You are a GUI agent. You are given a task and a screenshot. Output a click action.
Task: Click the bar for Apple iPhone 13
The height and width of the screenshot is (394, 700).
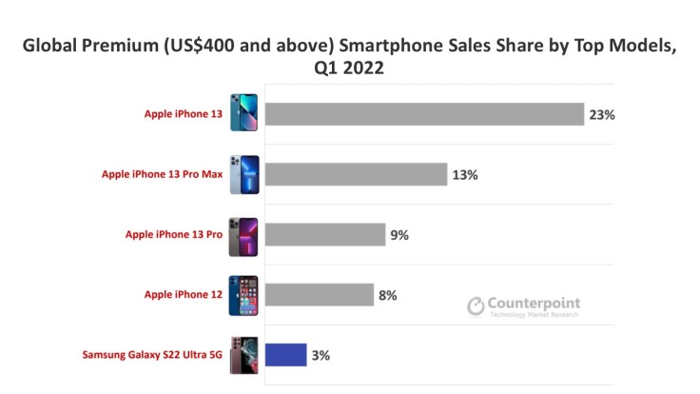point(424,114)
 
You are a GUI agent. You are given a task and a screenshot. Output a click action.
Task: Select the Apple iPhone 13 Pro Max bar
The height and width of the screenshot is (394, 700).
point(356,174)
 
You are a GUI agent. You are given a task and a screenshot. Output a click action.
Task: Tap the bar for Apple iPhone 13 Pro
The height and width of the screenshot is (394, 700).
point(325,234)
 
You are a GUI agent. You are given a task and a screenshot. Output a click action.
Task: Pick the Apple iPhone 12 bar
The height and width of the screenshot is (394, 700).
point(319,295)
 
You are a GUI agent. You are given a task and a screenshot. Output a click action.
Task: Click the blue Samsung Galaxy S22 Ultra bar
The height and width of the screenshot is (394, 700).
point(285,355)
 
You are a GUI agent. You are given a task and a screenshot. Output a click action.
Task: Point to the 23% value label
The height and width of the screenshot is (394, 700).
point(602,114)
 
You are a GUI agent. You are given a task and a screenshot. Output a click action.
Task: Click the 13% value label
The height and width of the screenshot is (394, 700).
point(465,175)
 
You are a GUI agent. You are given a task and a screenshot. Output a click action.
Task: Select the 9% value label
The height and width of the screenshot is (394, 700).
point(399,235)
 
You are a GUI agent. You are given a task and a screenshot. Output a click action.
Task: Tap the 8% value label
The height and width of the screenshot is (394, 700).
point(387,295)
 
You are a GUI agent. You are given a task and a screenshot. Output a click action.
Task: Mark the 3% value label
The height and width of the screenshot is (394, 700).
point(321,356)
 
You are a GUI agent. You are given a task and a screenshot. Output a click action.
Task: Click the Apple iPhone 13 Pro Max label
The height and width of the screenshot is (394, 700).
point(162,175)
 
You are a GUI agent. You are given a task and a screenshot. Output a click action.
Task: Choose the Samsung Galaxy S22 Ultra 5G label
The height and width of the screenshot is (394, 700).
point(151,356)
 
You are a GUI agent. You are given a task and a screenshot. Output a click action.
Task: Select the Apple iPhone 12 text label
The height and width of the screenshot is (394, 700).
point(184,295)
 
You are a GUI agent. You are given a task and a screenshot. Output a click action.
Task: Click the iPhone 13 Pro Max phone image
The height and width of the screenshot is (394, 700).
point(243,174)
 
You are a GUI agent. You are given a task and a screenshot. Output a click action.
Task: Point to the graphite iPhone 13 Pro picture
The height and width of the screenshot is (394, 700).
point(243,235)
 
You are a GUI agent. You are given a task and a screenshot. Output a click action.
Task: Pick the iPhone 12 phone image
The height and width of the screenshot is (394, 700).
point(243,295)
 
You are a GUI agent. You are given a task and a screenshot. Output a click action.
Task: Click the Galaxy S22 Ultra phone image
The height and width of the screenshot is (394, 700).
point(243,355)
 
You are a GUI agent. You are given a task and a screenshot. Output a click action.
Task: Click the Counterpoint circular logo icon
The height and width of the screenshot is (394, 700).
point(476,306)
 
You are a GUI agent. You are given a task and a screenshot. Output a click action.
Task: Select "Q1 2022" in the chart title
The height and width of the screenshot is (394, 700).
point(350,69)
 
